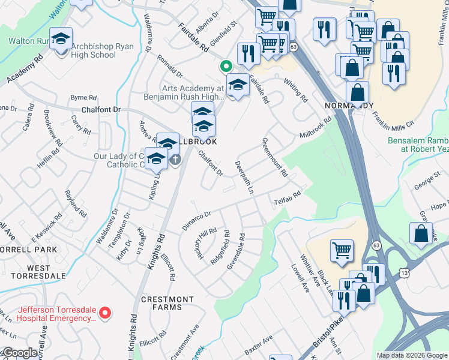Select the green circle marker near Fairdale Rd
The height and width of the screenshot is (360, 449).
point(226,65)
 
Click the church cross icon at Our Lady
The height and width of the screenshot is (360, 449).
point(175,160)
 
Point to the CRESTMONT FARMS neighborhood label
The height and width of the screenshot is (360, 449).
point(167,303)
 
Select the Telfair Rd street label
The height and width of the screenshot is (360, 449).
point(288,197)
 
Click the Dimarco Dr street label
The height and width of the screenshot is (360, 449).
point(197,221)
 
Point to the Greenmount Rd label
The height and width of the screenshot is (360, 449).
point(275,158)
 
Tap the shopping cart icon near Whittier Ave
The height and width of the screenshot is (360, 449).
point(342,251)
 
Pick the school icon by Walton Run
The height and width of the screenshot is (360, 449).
point(61,40)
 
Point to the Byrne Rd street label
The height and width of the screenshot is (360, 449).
point(83,97)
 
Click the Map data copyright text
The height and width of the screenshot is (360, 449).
point(411,355)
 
